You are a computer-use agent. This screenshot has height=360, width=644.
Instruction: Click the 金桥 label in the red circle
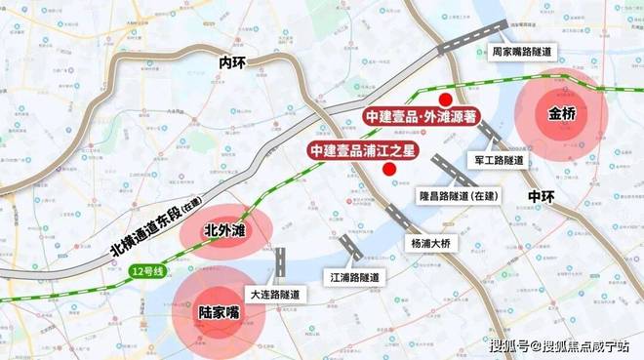[x=563, y=114]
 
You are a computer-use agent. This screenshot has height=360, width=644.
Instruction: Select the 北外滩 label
[x=224, y=231]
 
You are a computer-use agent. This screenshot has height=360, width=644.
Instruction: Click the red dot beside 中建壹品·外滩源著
[x=445, y=100]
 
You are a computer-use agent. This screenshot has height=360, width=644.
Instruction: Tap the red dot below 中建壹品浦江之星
[x=389, y=169]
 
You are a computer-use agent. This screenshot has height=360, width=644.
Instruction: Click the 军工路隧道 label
[x=498, y=159]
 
